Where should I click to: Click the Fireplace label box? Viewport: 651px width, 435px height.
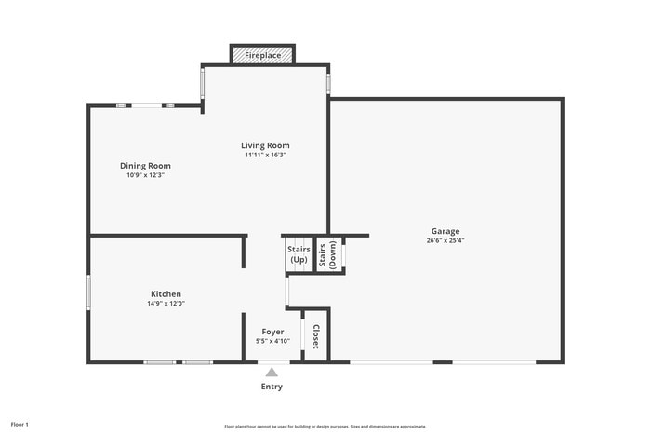(262, 56)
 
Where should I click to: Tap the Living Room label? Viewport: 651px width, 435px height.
(265, 145)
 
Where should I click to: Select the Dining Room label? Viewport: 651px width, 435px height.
(145, 166)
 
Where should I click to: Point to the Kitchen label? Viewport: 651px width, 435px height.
(166, 294)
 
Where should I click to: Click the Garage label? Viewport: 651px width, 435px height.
(445, 231)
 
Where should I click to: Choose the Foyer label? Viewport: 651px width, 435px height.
(272, 332)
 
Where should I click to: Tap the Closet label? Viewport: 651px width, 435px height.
(316, 335)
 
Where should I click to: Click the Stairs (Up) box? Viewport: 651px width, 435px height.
(298, 254)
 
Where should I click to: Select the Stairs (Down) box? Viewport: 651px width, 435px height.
(327, 254)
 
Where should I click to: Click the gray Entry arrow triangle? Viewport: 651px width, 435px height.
(272, 372)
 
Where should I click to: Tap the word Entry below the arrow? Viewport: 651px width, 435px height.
(272, 387)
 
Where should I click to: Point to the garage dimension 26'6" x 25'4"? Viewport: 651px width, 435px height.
(445, 240)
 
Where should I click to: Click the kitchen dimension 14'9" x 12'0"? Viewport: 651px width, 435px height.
(166, 304)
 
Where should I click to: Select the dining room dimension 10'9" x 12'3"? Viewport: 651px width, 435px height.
(145, 175)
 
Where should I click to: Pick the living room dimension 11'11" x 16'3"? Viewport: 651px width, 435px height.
(265, 155)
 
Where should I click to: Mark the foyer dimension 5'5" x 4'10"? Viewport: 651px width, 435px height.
(272, 341)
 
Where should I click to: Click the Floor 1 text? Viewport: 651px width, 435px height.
(20, 425)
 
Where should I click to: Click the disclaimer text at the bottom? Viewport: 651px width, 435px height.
(325, 426)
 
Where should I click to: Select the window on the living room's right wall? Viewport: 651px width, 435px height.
(328, 82)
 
